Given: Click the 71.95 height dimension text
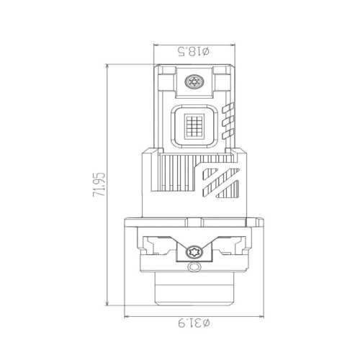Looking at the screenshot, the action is point(99,184).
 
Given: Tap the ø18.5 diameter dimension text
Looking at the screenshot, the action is point(193,52).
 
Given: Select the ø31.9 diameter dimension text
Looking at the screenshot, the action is point(194,323).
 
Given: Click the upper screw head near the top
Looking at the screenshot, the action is point(194,81).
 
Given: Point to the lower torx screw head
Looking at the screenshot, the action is point(194,252).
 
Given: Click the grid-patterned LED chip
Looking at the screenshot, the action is point(194,127).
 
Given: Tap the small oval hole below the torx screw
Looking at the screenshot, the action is point(194,267).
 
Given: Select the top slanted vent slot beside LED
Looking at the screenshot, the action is point(228,108).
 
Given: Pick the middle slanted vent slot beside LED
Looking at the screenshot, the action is point(228,121).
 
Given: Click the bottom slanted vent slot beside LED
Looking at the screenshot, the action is point(228,134).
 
